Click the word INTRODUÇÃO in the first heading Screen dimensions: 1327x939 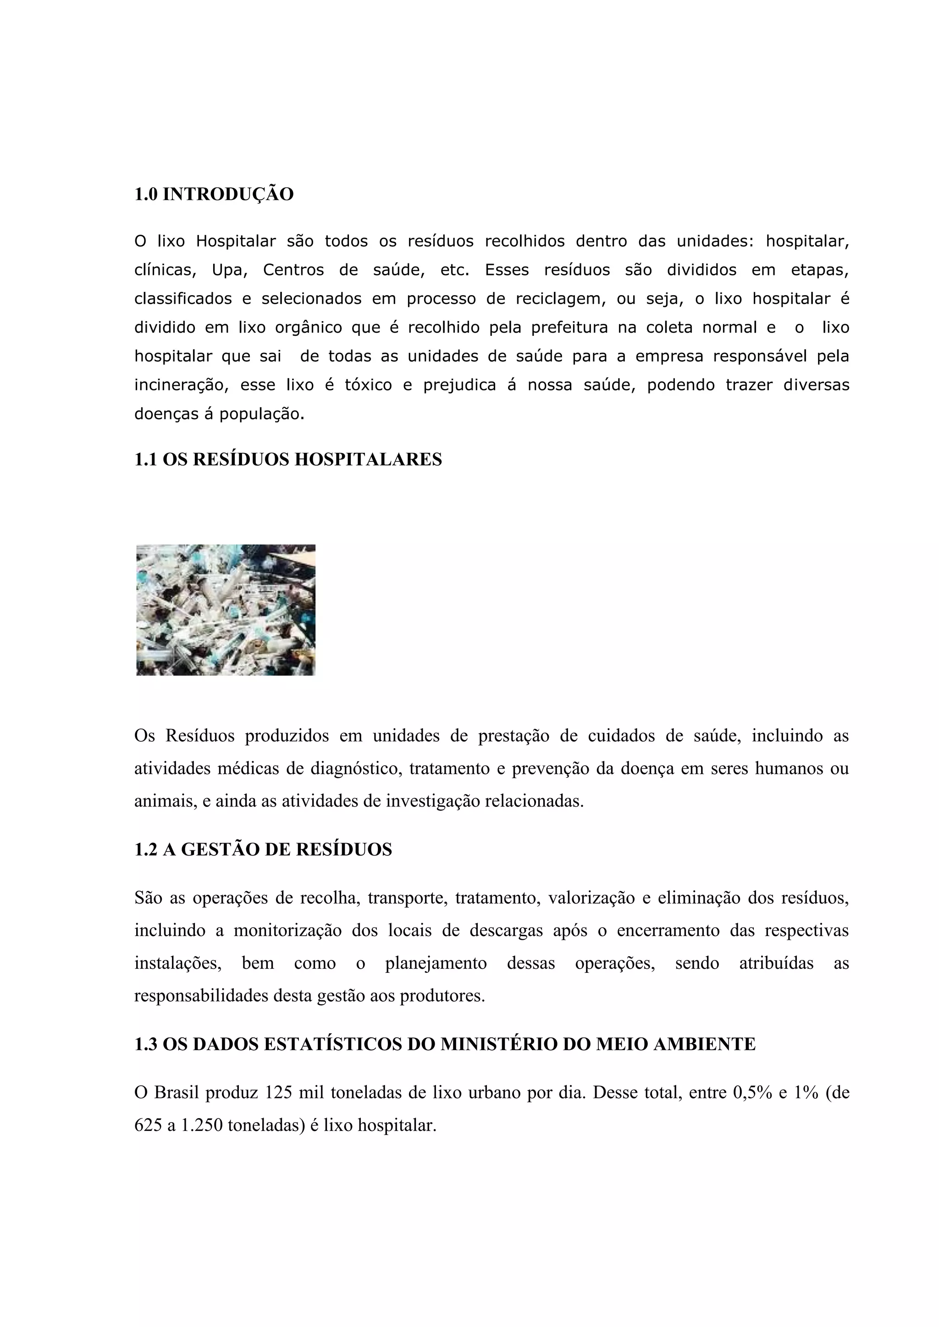[x=228, y=195]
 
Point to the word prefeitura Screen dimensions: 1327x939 [x=569, y=328]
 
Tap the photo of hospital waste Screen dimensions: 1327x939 [x=226, y=610]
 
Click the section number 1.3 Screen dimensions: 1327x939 [x=146, y=1044]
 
